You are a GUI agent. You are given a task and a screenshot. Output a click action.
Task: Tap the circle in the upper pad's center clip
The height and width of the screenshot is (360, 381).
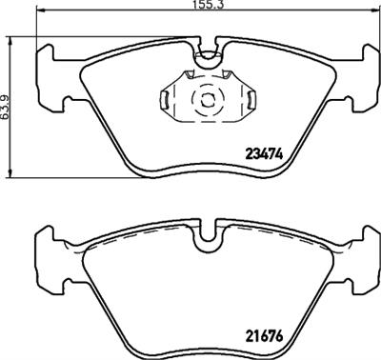click(203, 100)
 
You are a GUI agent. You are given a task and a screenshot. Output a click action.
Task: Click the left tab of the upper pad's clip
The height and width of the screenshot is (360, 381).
click(164, 99)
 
